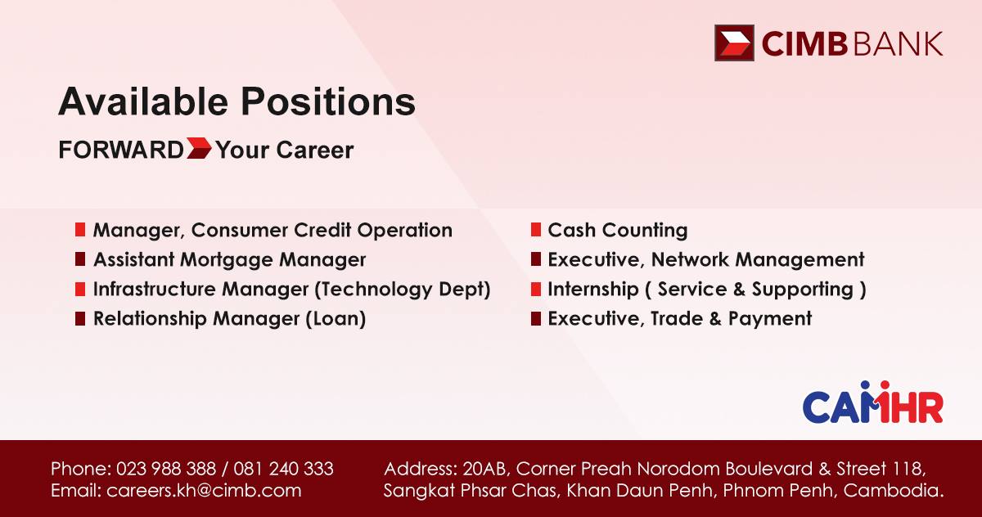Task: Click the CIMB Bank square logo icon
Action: (734, 43)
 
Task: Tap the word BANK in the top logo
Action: (899, 44)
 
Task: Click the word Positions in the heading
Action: (328, 101)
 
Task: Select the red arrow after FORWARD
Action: (199, 148)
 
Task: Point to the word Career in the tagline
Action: (315, 150)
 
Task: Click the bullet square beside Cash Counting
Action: (536, 230)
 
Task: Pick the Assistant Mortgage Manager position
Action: (229, 260)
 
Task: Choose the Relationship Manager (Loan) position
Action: (229, 318)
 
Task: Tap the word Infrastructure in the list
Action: (154, 289)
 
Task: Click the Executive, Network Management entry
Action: (705, 259)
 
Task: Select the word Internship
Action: (593, 289)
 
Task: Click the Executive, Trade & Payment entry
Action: (679, 318)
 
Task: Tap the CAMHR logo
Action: (872, 402)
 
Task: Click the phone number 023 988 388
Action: (165, 469)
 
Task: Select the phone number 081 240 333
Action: (283, 469)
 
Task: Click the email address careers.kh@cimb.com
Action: (204, 490)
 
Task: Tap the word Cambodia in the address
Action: (893, 490)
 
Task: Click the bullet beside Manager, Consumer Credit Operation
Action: (80, 230)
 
